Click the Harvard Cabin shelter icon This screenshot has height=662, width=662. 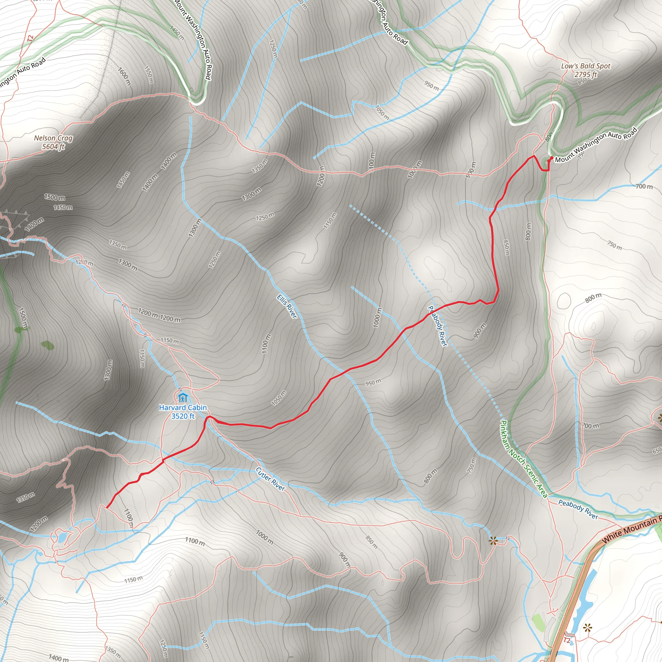click(x=183, y=398)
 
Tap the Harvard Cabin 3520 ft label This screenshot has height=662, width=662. click(x=183, y=412)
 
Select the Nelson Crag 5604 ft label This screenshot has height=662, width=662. click(x=53, y=142)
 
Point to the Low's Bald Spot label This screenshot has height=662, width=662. click(x=586, y=70)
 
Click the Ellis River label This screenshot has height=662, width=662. click(x=287, y=306)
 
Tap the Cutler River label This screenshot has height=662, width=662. click(x=270, y=479)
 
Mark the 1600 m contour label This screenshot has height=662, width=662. click(x=124, y=76)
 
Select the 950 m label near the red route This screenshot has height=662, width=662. click(x=373, y=382)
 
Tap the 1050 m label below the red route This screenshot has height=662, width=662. click(x=279, y=398)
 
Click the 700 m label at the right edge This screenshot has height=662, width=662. click(x=644, y=187)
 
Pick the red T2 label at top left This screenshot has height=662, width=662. click(x=31, y=38)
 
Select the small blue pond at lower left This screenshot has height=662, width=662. click(x=62, y=537)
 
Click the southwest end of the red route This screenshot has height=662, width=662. click(x=107, y=507)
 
